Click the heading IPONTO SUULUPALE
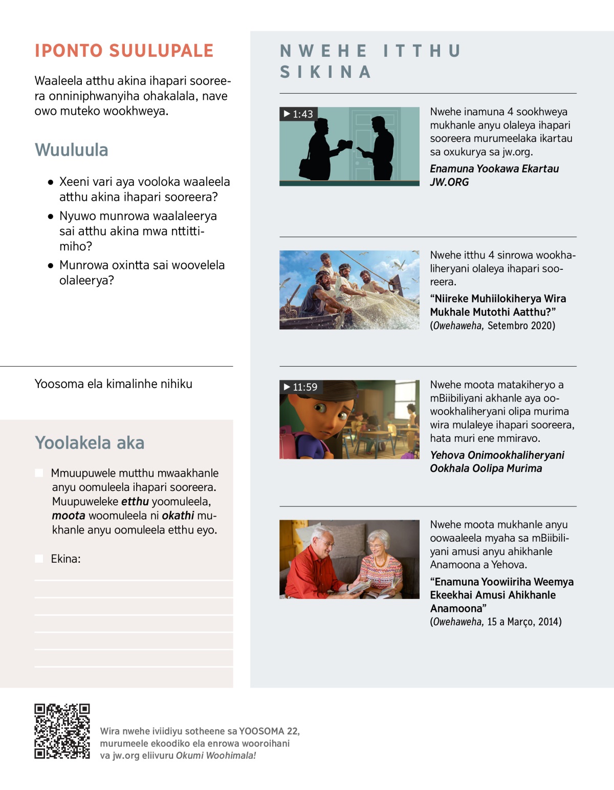[x=124, y=51]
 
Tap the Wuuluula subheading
[x=72, y=150]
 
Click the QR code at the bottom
[x=62, y=731]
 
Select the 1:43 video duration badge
[x=299, y=114]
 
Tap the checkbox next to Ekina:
[x=39, y=559]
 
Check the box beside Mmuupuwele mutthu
[x=39, y=473]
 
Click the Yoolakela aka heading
[x=90, y=443]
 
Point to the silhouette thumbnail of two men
[x=349, y=146]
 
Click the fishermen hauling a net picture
[x=349, y=290]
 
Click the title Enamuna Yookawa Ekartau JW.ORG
[x=494, y=175]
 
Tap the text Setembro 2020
[x=520, y=326]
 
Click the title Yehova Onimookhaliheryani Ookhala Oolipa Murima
[x=497, y=462]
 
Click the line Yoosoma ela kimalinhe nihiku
[x=114, y=384]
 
